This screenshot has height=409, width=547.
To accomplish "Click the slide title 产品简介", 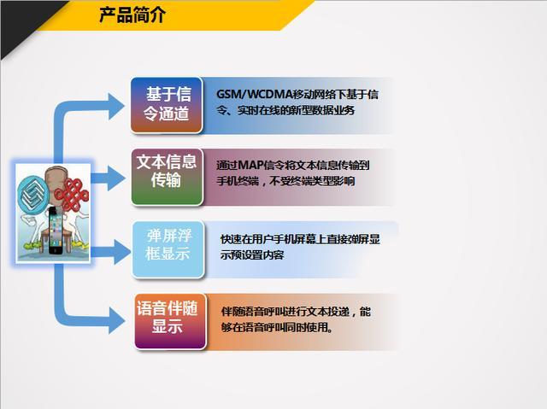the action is tap(132, 15).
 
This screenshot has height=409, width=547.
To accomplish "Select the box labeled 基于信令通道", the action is tap(167, 105).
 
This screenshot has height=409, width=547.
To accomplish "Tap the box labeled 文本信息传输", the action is tap(168, 177).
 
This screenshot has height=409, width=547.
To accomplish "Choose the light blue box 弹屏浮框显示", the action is tap(168, 249).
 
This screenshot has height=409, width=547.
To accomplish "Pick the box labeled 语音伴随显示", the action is tap(171, 321).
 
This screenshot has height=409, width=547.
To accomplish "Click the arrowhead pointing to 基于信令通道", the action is tap(116, 107).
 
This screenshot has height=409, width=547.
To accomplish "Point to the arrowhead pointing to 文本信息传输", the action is tap(116, 178).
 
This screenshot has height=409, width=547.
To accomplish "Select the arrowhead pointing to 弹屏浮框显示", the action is tap(122, 252).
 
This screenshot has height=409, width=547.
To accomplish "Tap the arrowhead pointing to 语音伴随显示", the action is tap(116, 320).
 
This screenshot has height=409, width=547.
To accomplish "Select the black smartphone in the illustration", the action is tap(56, 231).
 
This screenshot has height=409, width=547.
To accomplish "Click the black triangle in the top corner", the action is tap(25, 25).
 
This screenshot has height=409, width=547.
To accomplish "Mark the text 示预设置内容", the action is tap(252, 255).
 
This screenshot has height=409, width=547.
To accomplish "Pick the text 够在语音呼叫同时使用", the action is tap(277, 327).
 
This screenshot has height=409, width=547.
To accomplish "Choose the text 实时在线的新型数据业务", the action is tap(296, 110).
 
